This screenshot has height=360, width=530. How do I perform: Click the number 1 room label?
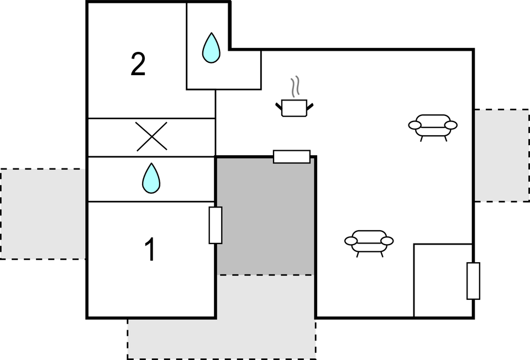pyautogui.click(x=150, y=250)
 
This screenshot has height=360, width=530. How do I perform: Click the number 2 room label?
pyautogui.click(x=138, y=65)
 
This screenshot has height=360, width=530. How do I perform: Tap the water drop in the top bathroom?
pyautogui.click(x=211, y=47)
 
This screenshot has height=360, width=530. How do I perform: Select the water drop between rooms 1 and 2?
pyautogui.click(x=151, y=178)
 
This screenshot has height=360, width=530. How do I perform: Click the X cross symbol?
pyautogui.click(x=152, y=137)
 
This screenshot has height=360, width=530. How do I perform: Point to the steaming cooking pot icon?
pyautogui.click(x=294, y=107)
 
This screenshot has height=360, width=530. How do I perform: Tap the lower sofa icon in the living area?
pyautogui.click(x=369, y=241)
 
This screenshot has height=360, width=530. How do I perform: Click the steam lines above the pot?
pyautogui.click(x=296, y=87)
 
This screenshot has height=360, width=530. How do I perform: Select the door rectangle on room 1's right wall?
pyautogui.click(x=216, y=225)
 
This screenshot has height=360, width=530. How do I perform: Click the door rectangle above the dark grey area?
pyautogui.click(x=292, y=157)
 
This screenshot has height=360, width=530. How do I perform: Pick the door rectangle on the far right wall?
pyautogui.click(x=473, y=281)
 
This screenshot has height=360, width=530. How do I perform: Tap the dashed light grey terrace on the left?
pyautogui.click(x=43, y=214)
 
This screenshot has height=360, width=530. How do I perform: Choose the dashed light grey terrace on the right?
pyautogui.click(x=502, y=155)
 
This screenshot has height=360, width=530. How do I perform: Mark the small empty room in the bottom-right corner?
pyautogui.click(x=442, y=280)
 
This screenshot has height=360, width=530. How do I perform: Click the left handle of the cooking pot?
pyautogui.click(x=279, y=105)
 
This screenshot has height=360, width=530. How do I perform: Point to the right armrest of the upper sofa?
pyautogui.click(x=451, y=125)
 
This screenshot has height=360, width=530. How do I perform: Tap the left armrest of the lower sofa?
pyautogui.click(x=351, y=241)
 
